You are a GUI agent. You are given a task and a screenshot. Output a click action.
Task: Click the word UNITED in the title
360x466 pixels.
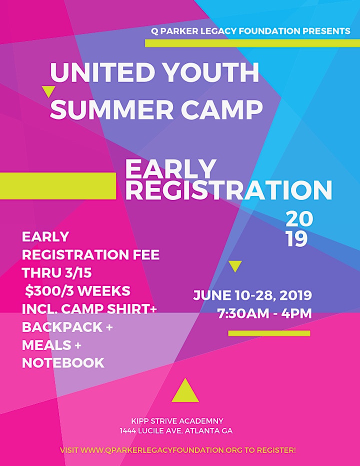(x=101, y=72)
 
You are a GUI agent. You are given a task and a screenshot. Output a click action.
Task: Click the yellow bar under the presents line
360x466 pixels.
(x=252, y=43)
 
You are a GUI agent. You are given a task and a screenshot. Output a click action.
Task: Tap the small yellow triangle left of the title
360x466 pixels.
(x=49, y=91)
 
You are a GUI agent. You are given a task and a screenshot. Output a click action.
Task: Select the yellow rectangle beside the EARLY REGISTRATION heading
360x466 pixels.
(x=58, y=185)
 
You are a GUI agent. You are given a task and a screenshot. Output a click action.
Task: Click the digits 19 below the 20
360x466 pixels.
(x=296, y=239)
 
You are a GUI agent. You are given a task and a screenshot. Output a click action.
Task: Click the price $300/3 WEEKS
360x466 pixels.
(x=77, y=291)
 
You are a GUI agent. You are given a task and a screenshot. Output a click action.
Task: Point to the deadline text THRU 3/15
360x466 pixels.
(x=57, y=273)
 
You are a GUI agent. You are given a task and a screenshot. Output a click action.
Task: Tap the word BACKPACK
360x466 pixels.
(x=62, y=327)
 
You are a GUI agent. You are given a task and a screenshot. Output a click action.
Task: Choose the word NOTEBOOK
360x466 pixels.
(x=63, y=363)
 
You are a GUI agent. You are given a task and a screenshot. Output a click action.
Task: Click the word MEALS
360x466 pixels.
(x=46, y=345)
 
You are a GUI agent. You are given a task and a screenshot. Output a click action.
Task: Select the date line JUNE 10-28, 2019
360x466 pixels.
(x=252, y=295)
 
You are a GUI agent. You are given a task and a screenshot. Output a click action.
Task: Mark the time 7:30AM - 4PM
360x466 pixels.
(x=264, y=313)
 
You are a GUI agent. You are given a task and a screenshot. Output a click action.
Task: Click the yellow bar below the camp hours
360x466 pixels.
(x=269, y=333)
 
